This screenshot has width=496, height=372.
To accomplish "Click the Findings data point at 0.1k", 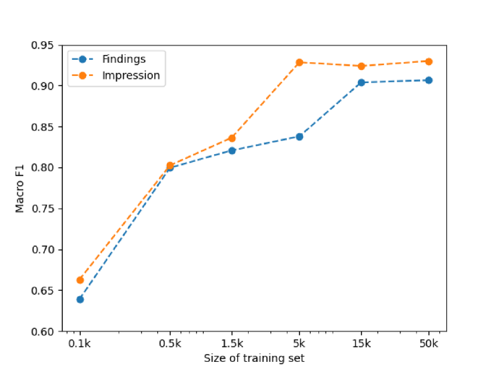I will pyautogui.click(x=80, y=299).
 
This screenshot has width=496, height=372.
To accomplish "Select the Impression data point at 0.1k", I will pyautogui.click(x=80, y=279).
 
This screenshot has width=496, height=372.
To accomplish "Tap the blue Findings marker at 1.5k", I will pyautogui.click(x=232, y=150).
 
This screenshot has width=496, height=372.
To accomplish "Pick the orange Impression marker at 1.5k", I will pyautogui.click(x=232, y=138).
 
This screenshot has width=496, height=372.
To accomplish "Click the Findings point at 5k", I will pyautogui.click(x=299, y=137).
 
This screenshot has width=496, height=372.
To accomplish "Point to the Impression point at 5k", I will pyautogui.click(x=299, y=62).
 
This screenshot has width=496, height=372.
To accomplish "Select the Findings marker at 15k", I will pyautogui.click(x=361, y=82).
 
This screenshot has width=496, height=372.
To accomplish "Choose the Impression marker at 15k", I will pyautogui.click(x=361, y=66).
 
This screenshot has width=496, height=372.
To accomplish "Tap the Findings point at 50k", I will pyautogui.click(x=428, y=80).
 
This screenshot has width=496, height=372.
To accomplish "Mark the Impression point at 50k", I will pyautogui.click(x=428, y=62).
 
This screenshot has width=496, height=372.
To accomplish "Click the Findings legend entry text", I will pyautogui.click(x=124, y=59).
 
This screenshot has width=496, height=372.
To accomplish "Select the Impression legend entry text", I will pyautogui.click(x=131, y=75).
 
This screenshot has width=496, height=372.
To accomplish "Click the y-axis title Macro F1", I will pyautogui.click(x=20, y=188).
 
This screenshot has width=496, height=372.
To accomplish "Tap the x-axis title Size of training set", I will pyautogui.click(x=254, y=358).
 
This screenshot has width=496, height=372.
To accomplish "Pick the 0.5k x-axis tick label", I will pyautogui.click(x=170, y=343).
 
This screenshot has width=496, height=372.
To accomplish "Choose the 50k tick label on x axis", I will pyautogui.click(x=428, y=343).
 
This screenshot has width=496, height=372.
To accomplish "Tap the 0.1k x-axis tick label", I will pyautogui.click(x=80, y=343).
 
